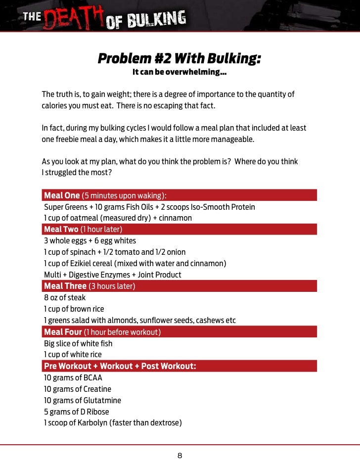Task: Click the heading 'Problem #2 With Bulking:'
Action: tap(179, 58)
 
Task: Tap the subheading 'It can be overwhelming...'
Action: tap(179, 72)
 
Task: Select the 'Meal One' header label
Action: tap(62, 195)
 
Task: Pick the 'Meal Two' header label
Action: tap(61, 229)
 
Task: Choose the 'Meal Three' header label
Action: tap(65, 286)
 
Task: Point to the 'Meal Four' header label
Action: tap(63, 332)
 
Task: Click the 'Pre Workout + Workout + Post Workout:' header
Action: tap(120, 366)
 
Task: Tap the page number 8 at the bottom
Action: tap(180, 456)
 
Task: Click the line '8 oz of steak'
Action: tap(65, 297)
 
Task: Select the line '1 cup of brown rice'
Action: tap(74, 309)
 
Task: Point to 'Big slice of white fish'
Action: tap(78, 343)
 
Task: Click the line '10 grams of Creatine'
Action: tap(78, 389)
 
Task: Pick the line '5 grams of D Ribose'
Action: tap(77, 412)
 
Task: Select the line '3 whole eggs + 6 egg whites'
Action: tap(90, 240)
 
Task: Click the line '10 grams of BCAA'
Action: tap(73, 377)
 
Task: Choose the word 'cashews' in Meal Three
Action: tap(210, 321)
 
